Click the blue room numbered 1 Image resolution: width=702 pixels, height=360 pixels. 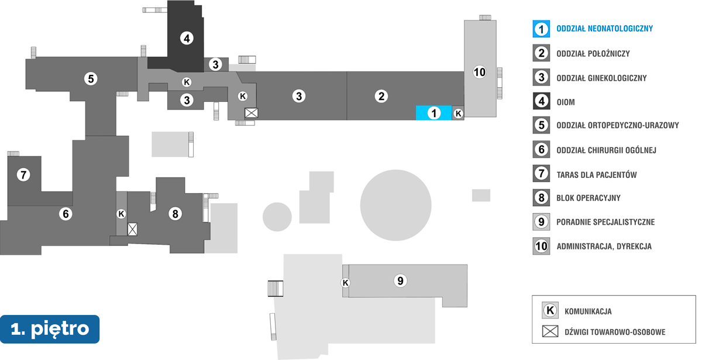(x=433, y=113)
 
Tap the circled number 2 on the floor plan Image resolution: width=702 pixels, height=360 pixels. (x=381, y=96)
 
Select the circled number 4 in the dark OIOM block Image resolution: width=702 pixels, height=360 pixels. (x=186, y=39)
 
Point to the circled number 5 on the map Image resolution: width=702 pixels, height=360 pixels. (x=90, y=78)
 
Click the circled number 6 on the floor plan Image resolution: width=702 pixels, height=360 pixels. (x=66, y=214)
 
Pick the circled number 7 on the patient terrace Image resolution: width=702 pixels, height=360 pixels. (x=23, y=174)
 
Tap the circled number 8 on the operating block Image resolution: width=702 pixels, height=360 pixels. (x=174, y=214)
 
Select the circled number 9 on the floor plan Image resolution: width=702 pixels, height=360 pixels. (x=400, y=281)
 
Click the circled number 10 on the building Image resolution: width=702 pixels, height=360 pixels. (x=479, y=73)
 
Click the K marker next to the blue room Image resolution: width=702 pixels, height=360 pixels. (x=459, y=114)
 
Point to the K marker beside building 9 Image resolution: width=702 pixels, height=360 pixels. (x=346, y=283)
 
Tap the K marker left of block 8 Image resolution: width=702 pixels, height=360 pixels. (x=121, y=214)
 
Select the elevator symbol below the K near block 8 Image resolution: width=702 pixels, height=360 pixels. (x=133, y=229)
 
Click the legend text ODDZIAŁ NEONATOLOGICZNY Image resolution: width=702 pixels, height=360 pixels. (x=604, y=29)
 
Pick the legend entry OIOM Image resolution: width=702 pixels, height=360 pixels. (x=566, y=102)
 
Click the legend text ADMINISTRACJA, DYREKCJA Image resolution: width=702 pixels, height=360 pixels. (x=604, y=246)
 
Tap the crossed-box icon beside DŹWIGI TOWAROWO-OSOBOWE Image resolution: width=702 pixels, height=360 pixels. (x=550, y=332)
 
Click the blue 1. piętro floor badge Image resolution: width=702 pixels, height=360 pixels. (x=50, y=329)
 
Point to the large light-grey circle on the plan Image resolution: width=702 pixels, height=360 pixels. (x=396, y=205)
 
